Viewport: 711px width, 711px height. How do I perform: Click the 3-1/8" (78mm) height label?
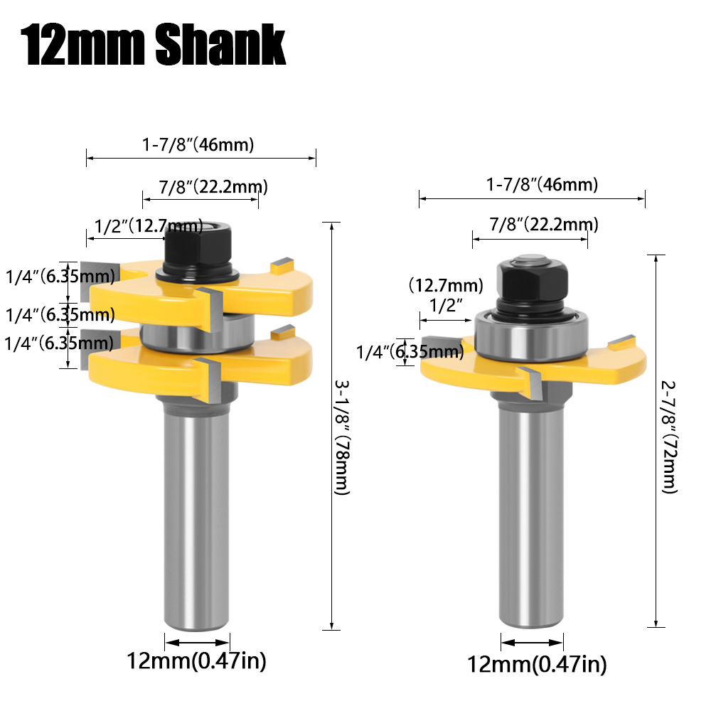[341, 437]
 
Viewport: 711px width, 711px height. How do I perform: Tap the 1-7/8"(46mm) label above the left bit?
[198, 146]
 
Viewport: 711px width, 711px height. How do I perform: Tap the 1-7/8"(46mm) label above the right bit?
[542, 185]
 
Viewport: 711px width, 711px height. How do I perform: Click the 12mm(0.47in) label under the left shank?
[196, 661]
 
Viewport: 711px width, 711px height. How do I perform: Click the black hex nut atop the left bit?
[194, 245]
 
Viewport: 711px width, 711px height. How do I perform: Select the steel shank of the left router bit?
[196, 512]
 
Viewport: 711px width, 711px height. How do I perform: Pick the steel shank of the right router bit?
[533, 512]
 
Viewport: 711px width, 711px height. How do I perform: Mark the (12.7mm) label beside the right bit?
[445, 285]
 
